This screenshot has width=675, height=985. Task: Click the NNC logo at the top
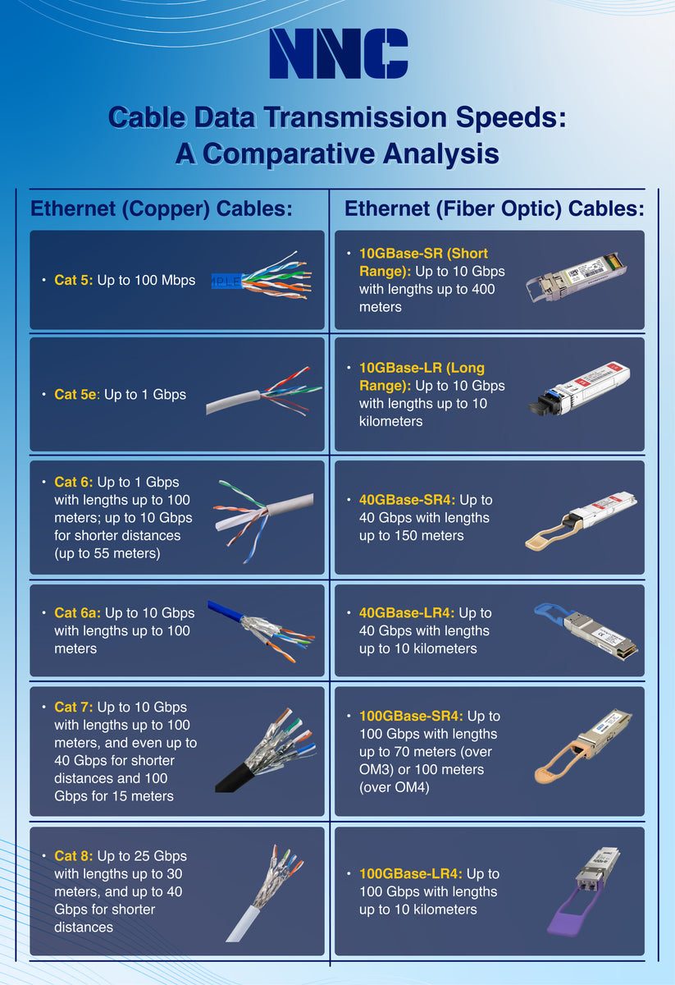point(338,53)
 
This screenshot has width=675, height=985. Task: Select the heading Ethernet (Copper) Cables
point(162,208)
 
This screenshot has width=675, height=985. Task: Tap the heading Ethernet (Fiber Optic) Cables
point(494,208)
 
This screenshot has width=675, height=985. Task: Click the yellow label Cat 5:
point(74,280)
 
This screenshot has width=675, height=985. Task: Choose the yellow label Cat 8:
point(74,856)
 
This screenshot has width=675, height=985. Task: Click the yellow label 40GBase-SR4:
point(408,500)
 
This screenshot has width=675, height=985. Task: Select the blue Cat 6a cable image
point(258,626)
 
